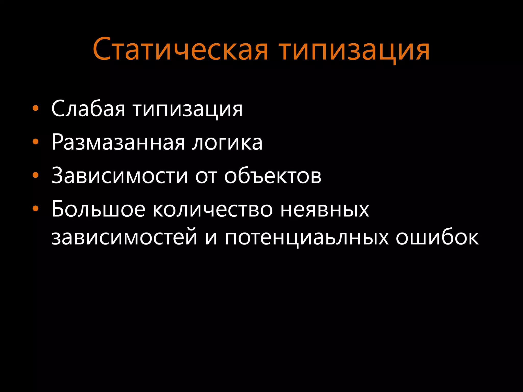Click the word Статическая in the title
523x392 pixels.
tap(180, 49)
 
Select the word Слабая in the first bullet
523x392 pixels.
tap(88, 108)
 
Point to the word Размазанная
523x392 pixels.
tap(118, 142)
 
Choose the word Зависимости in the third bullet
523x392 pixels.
tap(120, 176)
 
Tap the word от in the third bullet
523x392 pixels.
tap(206, 176)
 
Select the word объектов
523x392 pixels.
tap(273, 176)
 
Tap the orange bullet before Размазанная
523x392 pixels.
tap(35, 142)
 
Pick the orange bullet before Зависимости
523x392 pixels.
tap(35, 175)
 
